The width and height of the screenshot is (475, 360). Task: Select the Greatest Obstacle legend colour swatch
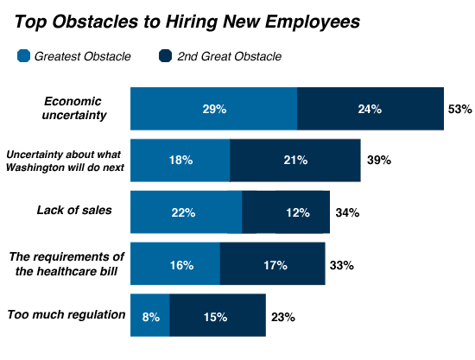click(24, 57)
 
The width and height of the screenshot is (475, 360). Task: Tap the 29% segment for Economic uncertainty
click(213, 110)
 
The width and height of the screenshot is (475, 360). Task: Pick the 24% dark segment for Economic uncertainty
click(370, 110)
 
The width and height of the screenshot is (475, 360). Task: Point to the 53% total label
click(459, 110)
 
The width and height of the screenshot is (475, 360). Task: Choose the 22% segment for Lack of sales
click(186, 212)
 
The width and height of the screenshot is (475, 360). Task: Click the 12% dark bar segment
click(286, 212)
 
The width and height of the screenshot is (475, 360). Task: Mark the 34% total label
click(347, 212)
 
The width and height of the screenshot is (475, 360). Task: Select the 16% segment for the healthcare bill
click(175, 264)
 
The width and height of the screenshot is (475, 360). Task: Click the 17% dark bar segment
click(272, 264)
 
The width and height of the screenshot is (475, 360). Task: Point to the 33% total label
click(342, 265)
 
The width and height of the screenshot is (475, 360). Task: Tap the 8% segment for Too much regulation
click(149, 316)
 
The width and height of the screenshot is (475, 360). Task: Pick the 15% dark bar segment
click(217, 316)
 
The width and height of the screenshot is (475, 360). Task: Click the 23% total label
click(282, 317)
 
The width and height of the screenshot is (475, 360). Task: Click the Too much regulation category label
click(66, 314)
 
